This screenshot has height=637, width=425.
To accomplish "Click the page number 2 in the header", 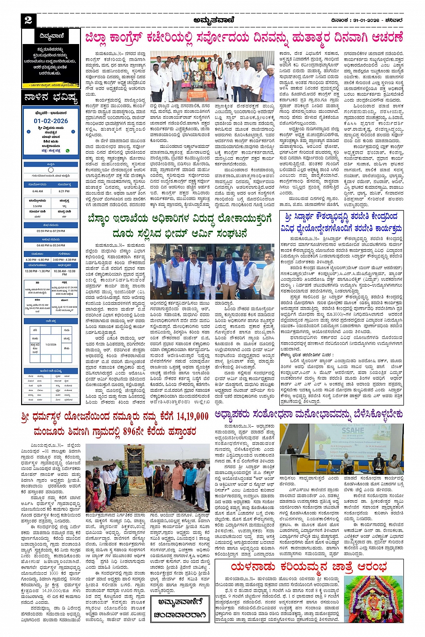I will tap(28, 20).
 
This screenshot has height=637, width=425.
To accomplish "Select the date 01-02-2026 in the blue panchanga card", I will tap(50, 121).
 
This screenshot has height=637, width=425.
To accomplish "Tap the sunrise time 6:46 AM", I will tap(38, 191).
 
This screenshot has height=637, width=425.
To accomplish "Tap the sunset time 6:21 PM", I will tap(64, 191).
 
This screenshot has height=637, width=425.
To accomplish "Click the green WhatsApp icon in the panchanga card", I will tap(67, 150).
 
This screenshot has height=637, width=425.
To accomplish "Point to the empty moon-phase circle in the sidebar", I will tap(50, 170).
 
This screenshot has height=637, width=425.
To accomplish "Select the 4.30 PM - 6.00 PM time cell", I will tap(37, 260).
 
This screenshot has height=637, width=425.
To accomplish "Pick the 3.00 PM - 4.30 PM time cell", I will tap(64, 260).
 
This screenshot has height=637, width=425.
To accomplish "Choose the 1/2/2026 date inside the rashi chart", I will tap(51, 345).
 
